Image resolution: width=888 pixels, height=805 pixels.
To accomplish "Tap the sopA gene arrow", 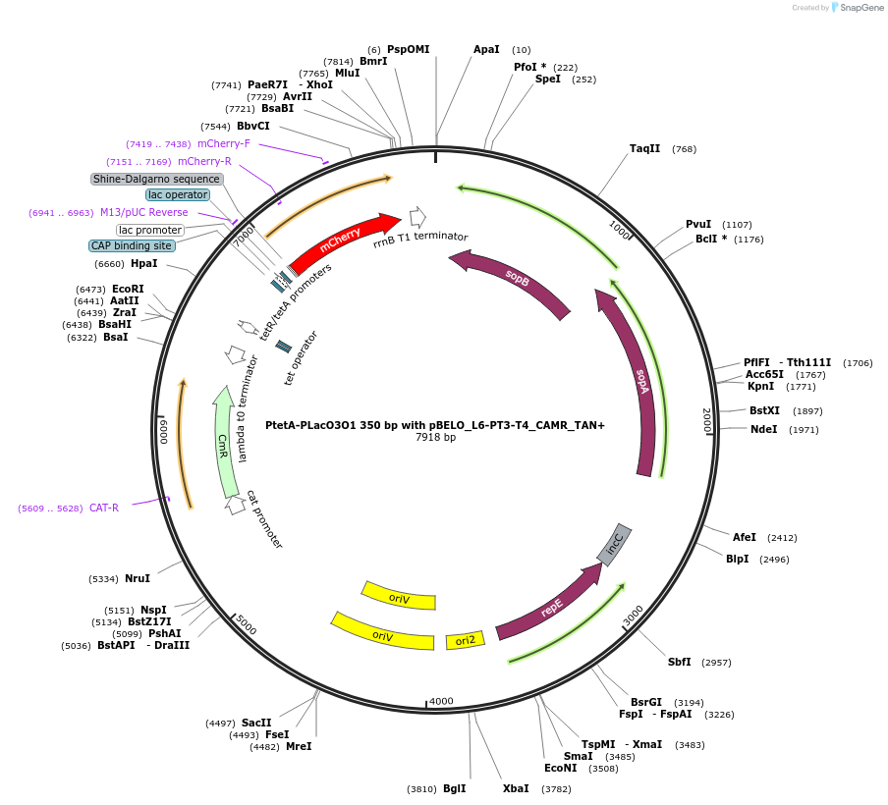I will click(x=639, y=383).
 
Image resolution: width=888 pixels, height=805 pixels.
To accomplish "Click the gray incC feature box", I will click(x=615, y=545).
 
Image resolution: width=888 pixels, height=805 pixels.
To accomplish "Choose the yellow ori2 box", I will click(x=466, y=640).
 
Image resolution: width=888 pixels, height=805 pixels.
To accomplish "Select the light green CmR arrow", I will click(x=225, y=441).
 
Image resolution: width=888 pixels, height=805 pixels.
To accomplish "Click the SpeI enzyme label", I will click(x=548, y=79).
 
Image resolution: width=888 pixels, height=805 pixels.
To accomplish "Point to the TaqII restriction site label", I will click(x=645, y=149).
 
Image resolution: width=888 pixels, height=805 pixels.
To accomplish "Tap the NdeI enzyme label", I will click(x=763, y=429).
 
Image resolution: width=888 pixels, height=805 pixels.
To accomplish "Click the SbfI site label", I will click(x=680, y=662).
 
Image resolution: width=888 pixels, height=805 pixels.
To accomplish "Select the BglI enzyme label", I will click(x=454, y=788).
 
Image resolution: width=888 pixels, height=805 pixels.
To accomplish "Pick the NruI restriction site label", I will click(x=137, y=578).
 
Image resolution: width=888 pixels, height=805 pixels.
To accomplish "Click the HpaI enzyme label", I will click(x=143, y=263).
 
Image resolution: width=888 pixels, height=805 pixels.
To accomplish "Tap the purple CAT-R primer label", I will click(x=104, y=508).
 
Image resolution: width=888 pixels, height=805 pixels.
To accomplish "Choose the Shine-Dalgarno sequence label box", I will click(x=157, y=179).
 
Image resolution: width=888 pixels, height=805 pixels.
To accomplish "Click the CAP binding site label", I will click(x=132, y=245).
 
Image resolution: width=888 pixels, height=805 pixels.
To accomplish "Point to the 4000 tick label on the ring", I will click(x=441, y=701).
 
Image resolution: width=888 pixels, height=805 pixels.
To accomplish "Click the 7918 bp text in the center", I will click(x=435, y=437).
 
